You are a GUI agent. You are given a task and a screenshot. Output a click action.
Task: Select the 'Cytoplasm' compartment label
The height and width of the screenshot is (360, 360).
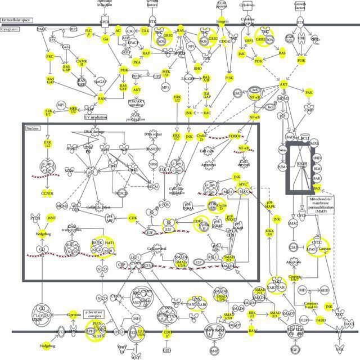11,28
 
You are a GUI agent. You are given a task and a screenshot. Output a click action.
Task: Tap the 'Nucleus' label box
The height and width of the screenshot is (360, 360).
32,129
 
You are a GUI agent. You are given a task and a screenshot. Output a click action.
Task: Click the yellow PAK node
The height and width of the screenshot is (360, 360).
308,92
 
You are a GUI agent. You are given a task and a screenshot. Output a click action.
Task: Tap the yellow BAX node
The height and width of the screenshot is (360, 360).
317,188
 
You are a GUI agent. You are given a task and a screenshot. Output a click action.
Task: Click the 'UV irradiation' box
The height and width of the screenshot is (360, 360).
95,116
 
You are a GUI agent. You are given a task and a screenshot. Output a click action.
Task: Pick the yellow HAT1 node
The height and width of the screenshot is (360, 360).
109,242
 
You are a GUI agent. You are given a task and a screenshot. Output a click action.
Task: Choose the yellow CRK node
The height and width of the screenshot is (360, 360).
145,30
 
